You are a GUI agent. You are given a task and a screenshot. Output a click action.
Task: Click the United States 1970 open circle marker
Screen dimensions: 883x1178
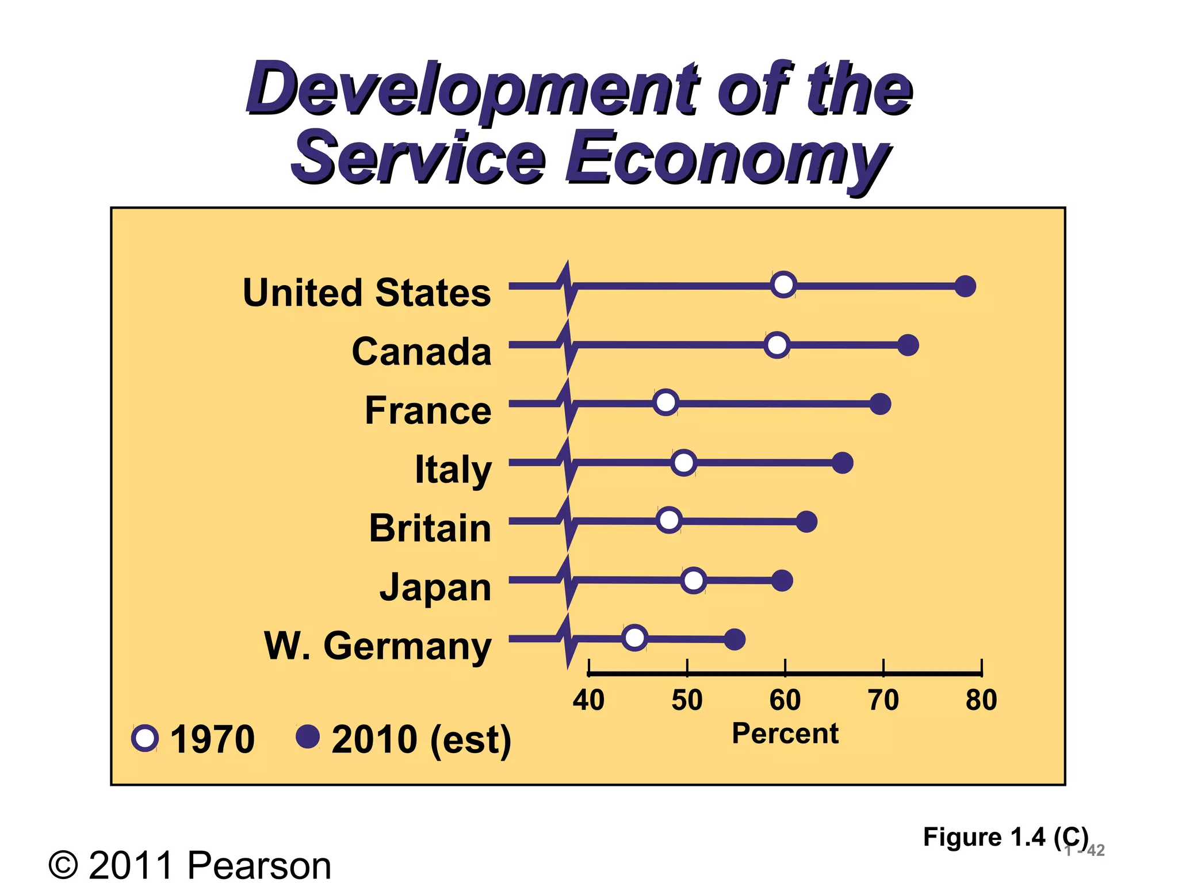[783, 285]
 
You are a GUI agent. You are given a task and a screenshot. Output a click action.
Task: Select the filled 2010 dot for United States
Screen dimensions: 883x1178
[965, 286]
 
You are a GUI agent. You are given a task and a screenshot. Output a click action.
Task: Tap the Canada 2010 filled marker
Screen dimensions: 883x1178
[908, 345]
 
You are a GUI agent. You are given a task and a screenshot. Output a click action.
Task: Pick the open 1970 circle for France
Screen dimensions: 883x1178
[666, 402]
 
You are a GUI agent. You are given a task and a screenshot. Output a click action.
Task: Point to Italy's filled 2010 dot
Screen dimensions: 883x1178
[843, 463]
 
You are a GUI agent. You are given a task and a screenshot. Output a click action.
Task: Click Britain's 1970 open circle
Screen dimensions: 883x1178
[669, 520]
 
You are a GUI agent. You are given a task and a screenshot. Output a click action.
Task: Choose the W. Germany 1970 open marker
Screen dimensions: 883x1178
[634, 638]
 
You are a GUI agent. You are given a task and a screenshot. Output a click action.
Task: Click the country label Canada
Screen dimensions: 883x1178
[422, 351]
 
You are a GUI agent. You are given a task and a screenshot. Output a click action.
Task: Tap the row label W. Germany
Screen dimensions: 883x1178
[378, 646]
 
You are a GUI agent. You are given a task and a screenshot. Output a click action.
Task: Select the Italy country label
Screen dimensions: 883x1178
[453, 470]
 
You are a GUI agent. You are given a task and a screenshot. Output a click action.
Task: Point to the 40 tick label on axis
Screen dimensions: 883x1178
[588, 700]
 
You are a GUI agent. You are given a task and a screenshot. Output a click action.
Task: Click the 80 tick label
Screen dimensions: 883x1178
[981, 700]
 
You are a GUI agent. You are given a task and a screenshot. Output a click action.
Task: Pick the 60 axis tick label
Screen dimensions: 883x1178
[785, 700]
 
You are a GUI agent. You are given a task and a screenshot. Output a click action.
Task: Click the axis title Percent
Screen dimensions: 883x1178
[785, 734]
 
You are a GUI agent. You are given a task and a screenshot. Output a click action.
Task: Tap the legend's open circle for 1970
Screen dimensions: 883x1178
[145, 738]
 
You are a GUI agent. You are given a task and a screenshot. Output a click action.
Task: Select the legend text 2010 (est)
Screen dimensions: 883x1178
[421, 739]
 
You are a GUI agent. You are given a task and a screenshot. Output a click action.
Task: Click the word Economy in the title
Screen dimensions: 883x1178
[728, 158]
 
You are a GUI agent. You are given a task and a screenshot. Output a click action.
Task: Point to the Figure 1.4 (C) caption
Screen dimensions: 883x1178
[1005, 837]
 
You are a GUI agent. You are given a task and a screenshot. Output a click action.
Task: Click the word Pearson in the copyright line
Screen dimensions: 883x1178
[259, 865]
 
